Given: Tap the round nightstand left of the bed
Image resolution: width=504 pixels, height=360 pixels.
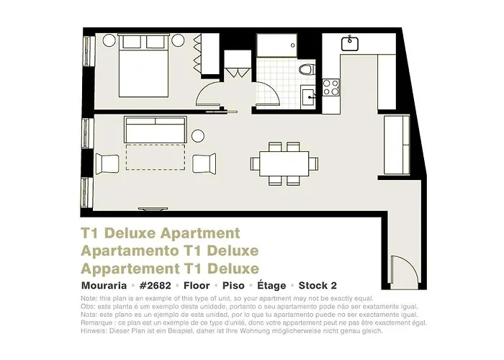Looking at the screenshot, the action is (x=109, y=40).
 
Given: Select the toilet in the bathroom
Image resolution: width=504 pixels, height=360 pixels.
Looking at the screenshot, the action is (x=307, y=69).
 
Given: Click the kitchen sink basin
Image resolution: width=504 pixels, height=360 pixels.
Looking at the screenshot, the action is (x=350, y=44).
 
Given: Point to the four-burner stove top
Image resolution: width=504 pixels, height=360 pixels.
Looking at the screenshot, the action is (x=331, y=87).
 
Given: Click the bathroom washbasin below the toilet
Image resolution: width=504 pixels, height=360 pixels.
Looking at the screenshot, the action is (x=309, y=96).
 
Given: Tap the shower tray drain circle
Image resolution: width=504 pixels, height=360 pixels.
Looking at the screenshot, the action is (x=293, y=45).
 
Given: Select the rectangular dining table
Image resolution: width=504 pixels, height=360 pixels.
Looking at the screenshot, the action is (x=284, y=163).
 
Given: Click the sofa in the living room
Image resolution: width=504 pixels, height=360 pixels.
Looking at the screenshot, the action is (x=156, y=130).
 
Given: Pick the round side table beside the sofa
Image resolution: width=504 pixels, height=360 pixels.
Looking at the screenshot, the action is (x=198, y=136).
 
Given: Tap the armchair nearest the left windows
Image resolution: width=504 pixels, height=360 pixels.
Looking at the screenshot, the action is (x=107, y=164).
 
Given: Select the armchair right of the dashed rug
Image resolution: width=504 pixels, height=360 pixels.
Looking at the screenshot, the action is (x=204, y=164).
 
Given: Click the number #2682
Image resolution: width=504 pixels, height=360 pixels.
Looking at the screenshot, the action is (x=156, y=285).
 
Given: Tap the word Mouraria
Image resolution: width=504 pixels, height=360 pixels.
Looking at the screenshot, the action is (x=104, y=285).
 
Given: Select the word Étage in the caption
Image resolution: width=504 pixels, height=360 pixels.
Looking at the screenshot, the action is (x=271, y=285).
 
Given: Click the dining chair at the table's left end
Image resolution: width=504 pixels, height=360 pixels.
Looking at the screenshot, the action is (x=255, y=163).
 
